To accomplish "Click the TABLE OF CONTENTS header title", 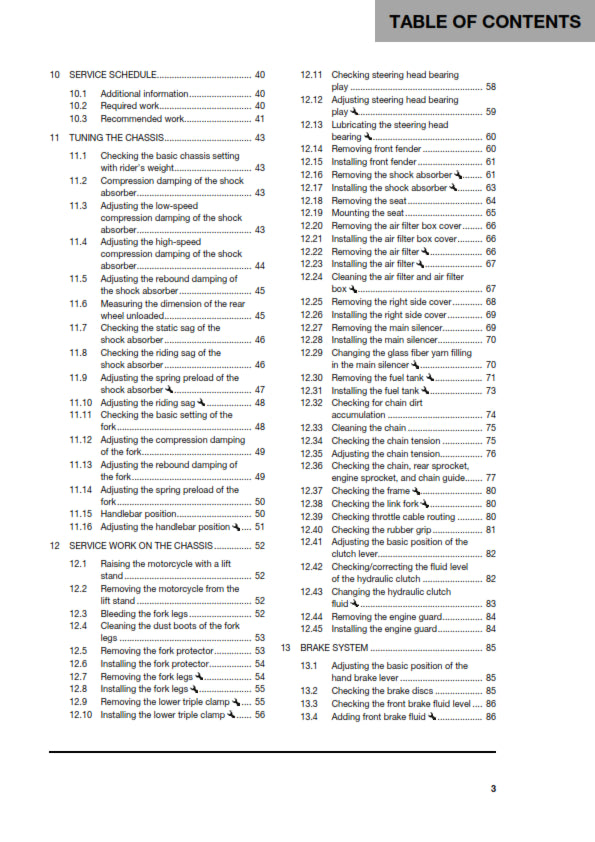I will pos(485,21).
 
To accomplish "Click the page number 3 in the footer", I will pos(493,788).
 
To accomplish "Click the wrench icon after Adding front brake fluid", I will pos(436,744).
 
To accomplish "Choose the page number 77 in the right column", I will pos(491,478).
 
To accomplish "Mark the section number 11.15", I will pos(81,513).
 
